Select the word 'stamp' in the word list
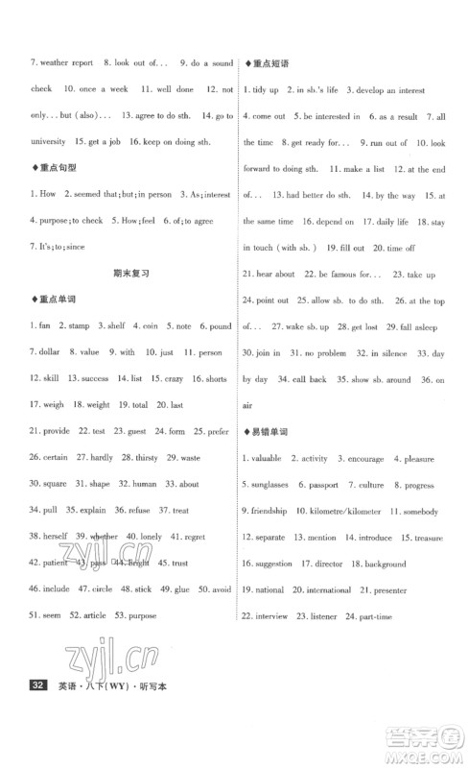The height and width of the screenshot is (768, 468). [79, 326]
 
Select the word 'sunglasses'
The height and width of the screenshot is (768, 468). [269, 484]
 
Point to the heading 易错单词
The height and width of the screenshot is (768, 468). [269, 431]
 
